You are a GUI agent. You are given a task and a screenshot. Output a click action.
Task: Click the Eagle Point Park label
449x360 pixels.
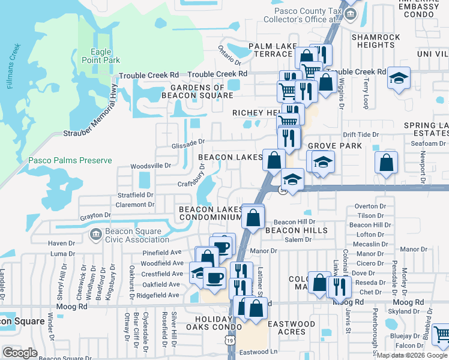click(105, 56)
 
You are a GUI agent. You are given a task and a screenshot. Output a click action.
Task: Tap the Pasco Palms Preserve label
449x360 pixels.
click(70, 161)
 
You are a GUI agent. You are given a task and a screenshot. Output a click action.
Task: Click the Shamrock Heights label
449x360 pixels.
click(376, 41)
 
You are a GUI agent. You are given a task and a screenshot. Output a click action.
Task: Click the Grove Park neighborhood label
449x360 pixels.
click(335, 146)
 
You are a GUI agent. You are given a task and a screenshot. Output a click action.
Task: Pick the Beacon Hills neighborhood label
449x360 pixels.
click(297, 230)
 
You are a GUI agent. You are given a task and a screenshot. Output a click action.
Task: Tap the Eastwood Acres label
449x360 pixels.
click(291, 328)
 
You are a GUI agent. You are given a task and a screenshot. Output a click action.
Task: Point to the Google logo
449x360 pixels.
click(20, 353)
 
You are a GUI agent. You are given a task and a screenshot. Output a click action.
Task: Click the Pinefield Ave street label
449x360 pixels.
click(161, 253)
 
